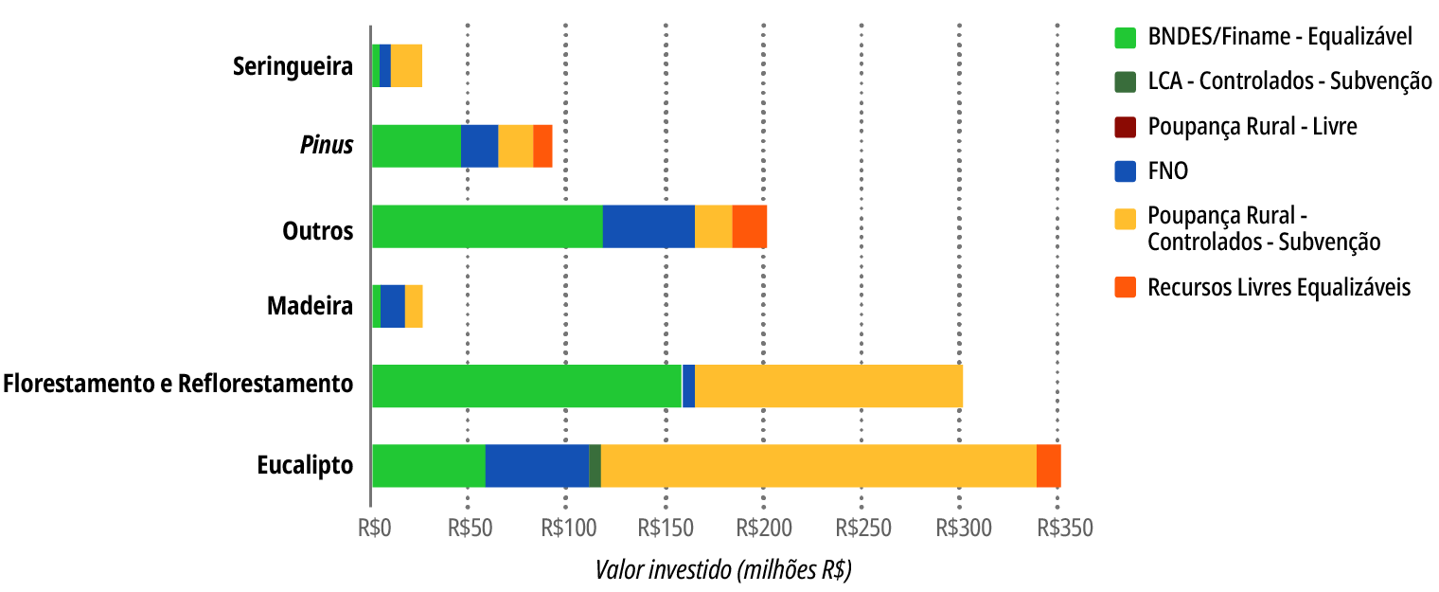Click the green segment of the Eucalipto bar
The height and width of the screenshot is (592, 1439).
click(x=428, y=465)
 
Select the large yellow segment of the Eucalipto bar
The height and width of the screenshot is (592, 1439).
click(x=819, y=465)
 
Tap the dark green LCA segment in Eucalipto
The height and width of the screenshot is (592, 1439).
click(x=595, y=465)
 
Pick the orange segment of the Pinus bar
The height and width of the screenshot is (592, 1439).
click(x=542, y=146)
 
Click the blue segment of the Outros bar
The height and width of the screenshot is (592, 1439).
click(x=648, y=226)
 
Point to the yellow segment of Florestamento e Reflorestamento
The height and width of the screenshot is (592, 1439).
click(x=828, y=386)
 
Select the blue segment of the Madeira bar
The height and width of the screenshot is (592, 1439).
click(x=392, y=306)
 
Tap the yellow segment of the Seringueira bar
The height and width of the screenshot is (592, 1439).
click(x=406, y=66)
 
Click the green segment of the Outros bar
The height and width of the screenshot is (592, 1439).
click(x=488, y=226)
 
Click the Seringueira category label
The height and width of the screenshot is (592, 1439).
click(x=293, y=67)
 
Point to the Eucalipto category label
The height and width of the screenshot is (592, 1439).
click(x=305, y=466)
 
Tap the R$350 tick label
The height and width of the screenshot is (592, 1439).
click(x=1063, y=528)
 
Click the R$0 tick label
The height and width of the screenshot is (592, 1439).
click(x=374, y=528)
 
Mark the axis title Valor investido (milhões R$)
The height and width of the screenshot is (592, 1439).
click(x=723, y=570)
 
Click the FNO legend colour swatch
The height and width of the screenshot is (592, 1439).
click(x=1125, y=171)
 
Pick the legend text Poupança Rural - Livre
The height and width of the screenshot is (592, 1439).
click(x=1252, y=126)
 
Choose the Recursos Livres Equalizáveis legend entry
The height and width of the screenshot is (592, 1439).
click(x=1278, y=287)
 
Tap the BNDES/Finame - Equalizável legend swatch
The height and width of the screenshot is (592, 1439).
click(x=1125, y=37)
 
